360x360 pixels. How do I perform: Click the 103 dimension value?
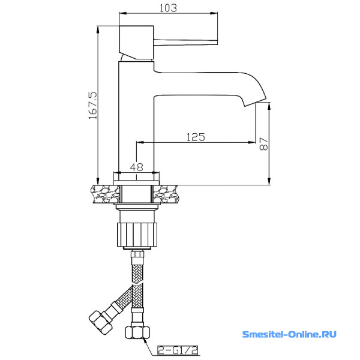[168, 8]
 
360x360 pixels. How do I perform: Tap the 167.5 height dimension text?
[93, 106]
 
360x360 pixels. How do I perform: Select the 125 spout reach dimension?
[196, 137]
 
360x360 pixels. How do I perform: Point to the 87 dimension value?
[263, 144]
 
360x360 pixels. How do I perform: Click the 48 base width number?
[137, 167]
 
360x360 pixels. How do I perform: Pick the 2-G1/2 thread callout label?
[178, 350]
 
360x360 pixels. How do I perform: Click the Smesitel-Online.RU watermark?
[289, 334]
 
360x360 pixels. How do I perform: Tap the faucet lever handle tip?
[216, 42]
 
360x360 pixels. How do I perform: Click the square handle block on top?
[136, 42]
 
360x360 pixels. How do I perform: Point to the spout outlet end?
[255, 102]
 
